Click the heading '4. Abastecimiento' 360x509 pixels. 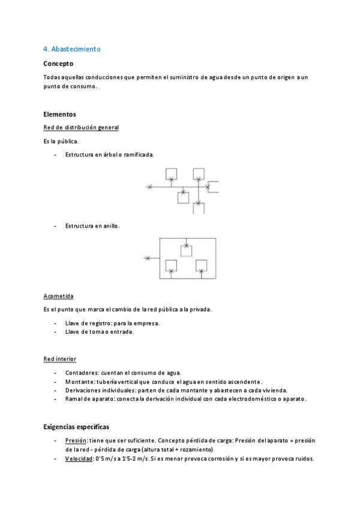[x=72, y=49]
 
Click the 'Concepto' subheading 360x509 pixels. [x=59, y=63]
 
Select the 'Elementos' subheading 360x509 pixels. [x=60, y=114]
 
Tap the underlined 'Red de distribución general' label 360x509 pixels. [x=81, y=127]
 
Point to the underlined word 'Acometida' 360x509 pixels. [x=58, y=296]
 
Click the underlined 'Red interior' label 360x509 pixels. [x=60, y=359]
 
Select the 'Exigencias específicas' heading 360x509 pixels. [x=76, y=427]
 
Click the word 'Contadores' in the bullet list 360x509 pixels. [x=81, y=372]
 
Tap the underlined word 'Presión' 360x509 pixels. [x=76, y=441]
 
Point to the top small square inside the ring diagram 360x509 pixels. [x=187, y=250]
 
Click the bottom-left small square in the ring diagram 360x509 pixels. [x=171, y=265]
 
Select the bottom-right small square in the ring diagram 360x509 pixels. [x=202, y=265]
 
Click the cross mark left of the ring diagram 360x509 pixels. [x=147, y=258]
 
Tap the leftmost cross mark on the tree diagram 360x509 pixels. [x=149, y=188]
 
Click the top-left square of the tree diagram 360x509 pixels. [x=171, y=173]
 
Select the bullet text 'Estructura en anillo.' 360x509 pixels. [x=92, y=226]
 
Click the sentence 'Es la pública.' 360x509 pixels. [x=61, y=141]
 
